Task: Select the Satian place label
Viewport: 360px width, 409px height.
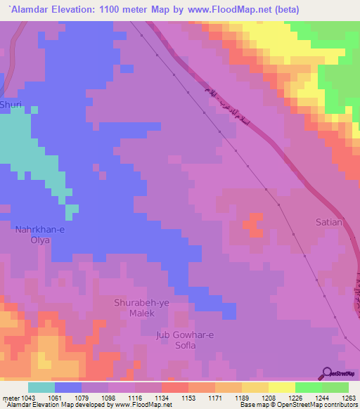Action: pyautogui.click(x=328, y=223)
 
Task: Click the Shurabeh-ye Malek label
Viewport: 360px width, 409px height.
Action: pyautogui.click(x=141, y=307)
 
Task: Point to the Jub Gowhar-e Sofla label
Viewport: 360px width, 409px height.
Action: pyautogui.click(x=182, y=340)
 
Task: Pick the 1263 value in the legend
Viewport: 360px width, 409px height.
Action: pyautogui.click(x=340, y=398)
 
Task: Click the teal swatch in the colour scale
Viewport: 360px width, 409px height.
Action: pyautogui.click(x=41, y=387)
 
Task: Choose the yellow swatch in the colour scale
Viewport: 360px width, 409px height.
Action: pyautogui.click(x=281, y=387)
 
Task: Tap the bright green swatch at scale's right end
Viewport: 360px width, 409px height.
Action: pyautogui.click(x=335, y=387)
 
